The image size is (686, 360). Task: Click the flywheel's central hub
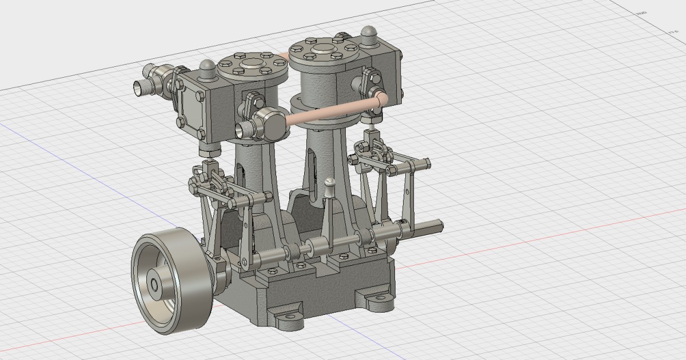pos(155,283)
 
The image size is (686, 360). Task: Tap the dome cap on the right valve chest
pos(369,35)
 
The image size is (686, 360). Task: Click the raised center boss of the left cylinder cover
pos(250,63)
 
